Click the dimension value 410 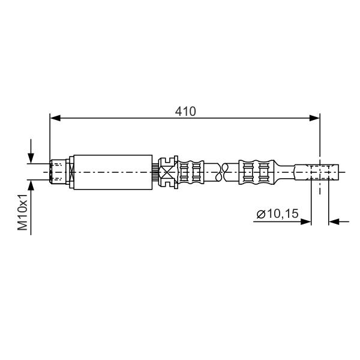click(x=185, y=112)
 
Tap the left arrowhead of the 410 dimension click(x=55, y=118)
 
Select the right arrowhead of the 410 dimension click(x=314, y=118)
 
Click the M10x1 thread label click(x=23, y=212)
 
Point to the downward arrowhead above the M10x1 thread click(x=31, y=158)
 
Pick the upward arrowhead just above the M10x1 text click(x=31, y=185)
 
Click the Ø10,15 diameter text click(x=277, y=214)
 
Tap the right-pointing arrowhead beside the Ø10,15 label click(x=306, y=222)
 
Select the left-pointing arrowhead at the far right click(x=334, y=222)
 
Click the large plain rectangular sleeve click(x=113, y=172)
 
